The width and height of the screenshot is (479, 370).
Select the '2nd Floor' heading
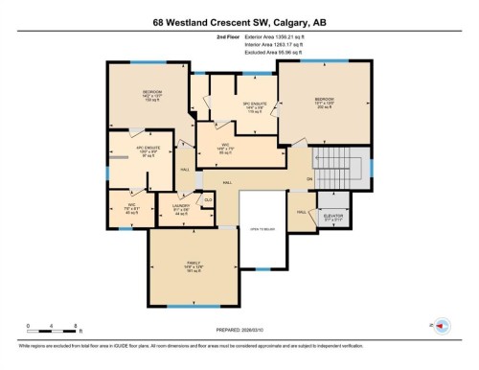(x=229, y=37)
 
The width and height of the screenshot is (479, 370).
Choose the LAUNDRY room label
(x=179, y=206)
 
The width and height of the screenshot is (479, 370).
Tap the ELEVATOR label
(x=334, y=216)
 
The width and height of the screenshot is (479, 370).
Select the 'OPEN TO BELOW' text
(x=262, y=230)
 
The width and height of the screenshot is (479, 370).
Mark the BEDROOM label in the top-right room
(x=323, y=99)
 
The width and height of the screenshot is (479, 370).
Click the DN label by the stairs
(x=309, y=179)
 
